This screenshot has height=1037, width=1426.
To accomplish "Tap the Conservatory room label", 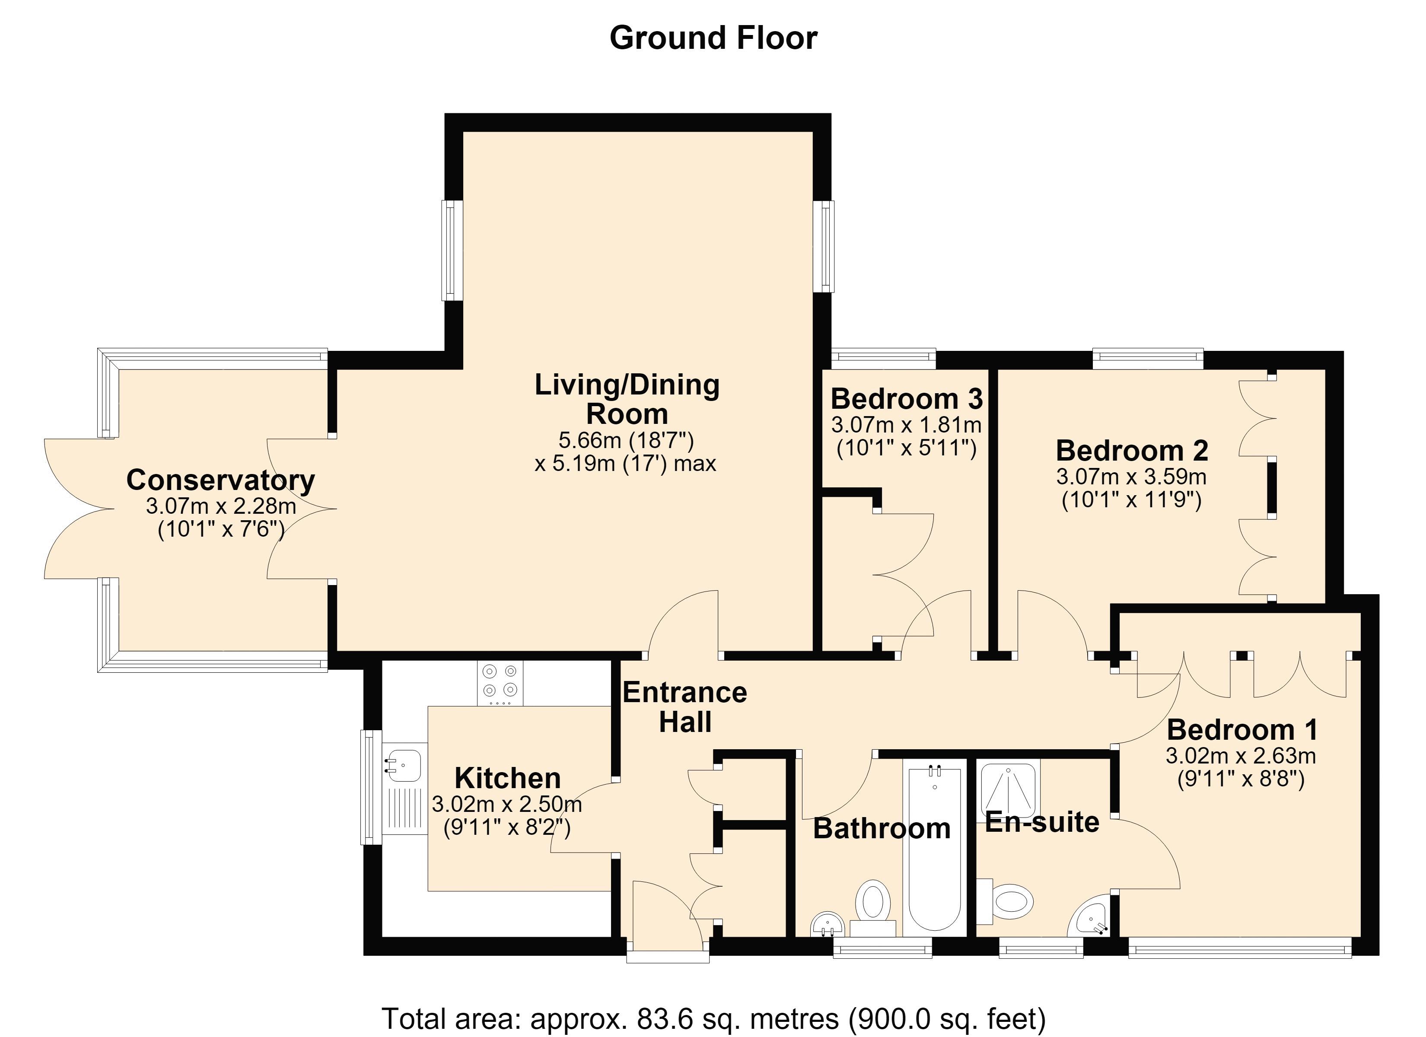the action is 221,480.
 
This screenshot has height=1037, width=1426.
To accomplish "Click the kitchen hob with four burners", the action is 500,683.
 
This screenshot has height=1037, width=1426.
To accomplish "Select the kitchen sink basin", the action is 402,766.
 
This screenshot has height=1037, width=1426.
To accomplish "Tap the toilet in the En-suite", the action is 1006,902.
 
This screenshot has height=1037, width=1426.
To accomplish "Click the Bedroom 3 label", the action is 907,399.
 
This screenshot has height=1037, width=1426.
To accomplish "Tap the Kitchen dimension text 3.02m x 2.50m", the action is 507,804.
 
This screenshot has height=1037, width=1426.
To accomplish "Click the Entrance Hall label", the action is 685,707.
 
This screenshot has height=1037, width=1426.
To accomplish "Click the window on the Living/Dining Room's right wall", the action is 823,247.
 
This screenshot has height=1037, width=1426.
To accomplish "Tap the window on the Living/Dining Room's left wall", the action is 452,250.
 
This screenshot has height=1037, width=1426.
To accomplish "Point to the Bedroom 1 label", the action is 1242,729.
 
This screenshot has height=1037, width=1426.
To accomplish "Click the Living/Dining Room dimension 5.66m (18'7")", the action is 626,440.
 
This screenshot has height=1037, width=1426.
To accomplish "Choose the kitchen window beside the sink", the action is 371,787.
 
